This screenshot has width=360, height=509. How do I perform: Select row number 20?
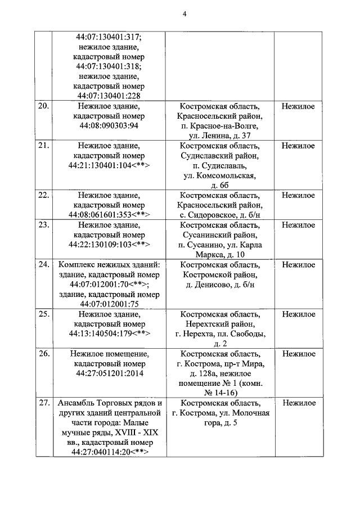(43, 106)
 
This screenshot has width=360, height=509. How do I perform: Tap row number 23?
(43, 225)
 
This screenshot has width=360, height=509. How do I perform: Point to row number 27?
(43, 403)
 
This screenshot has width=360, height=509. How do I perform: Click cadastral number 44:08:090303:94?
(110, 125)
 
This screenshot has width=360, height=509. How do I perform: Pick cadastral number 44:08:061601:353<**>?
(110, 215)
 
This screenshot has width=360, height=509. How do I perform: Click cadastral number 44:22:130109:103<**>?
(110, 245)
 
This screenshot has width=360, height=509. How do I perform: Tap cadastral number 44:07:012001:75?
(110, 304)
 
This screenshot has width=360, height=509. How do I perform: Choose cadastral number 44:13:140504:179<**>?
(110, 334)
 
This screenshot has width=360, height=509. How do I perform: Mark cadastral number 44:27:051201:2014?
(110, 373)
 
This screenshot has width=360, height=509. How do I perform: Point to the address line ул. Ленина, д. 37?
(220, 136)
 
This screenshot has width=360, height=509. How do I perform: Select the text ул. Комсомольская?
(220, 175)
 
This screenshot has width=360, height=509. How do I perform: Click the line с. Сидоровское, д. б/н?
(220, 215)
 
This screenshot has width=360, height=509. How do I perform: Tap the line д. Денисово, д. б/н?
(220, 285)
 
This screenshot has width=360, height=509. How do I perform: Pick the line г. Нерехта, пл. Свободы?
(220, 334)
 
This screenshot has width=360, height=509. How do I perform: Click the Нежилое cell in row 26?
(298, 354)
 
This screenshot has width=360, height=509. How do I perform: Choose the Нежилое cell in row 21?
(298, 146)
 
